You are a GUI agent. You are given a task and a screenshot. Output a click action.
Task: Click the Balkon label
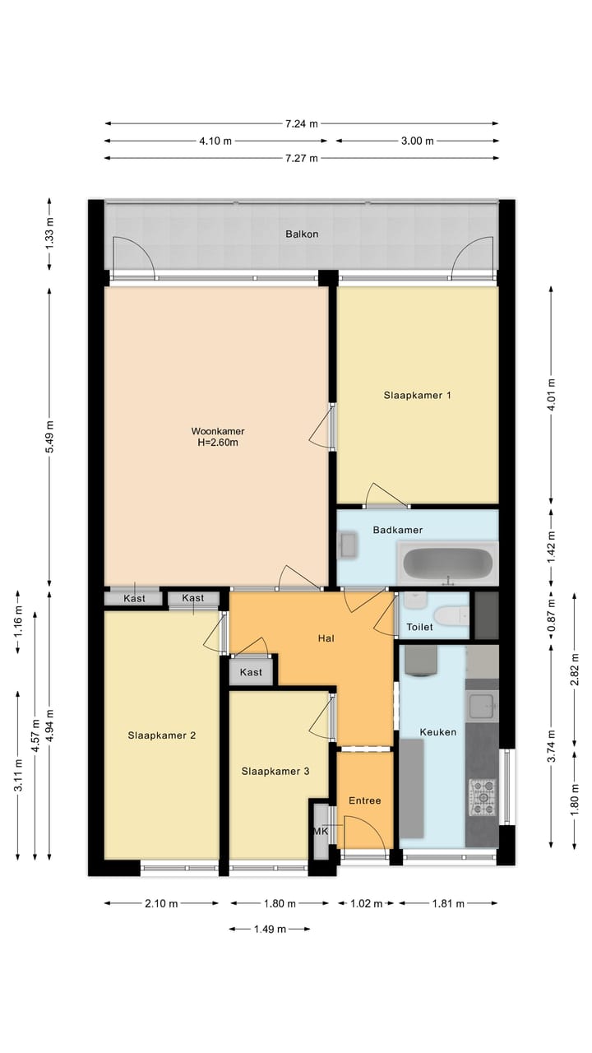click(x=302, y=234)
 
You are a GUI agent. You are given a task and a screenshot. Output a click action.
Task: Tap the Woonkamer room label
click(x=218, y=431)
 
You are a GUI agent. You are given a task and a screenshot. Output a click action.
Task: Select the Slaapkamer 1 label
click(x=418, y=396)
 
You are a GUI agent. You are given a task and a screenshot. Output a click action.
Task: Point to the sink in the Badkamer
click(x=348, y=545)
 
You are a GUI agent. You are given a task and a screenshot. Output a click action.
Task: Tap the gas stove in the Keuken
click(x=483, y=797)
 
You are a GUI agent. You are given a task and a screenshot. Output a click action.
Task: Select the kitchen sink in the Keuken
click(x=481, y=704)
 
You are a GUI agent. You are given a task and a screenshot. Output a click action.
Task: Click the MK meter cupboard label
click(x=321, y=832)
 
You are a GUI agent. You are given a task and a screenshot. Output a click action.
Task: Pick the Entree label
click(x=364, y=800)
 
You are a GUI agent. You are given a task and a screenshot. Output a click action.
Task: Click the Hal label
click(x=326, y=638)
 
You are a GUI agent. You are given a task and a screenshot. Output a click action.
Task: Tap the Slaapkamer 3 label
click(x=275, y=772)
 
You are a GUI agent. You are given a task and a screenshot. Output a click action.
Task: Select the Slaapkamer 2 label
click(x=161, y=735)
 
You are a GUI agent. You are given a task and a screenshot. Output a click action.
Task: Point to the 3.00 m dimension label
click(x=417, y=141)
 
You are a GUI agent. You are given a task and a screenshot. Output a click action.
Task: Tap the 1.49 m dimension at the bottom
click(x=270, y=929)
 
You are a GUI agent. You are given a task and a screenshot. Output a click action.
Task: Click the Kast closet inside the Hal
click(x=251, y=672)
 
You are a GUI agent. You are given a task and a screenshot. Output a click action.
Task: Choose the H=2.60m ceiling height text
click(x=218, y=443)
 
